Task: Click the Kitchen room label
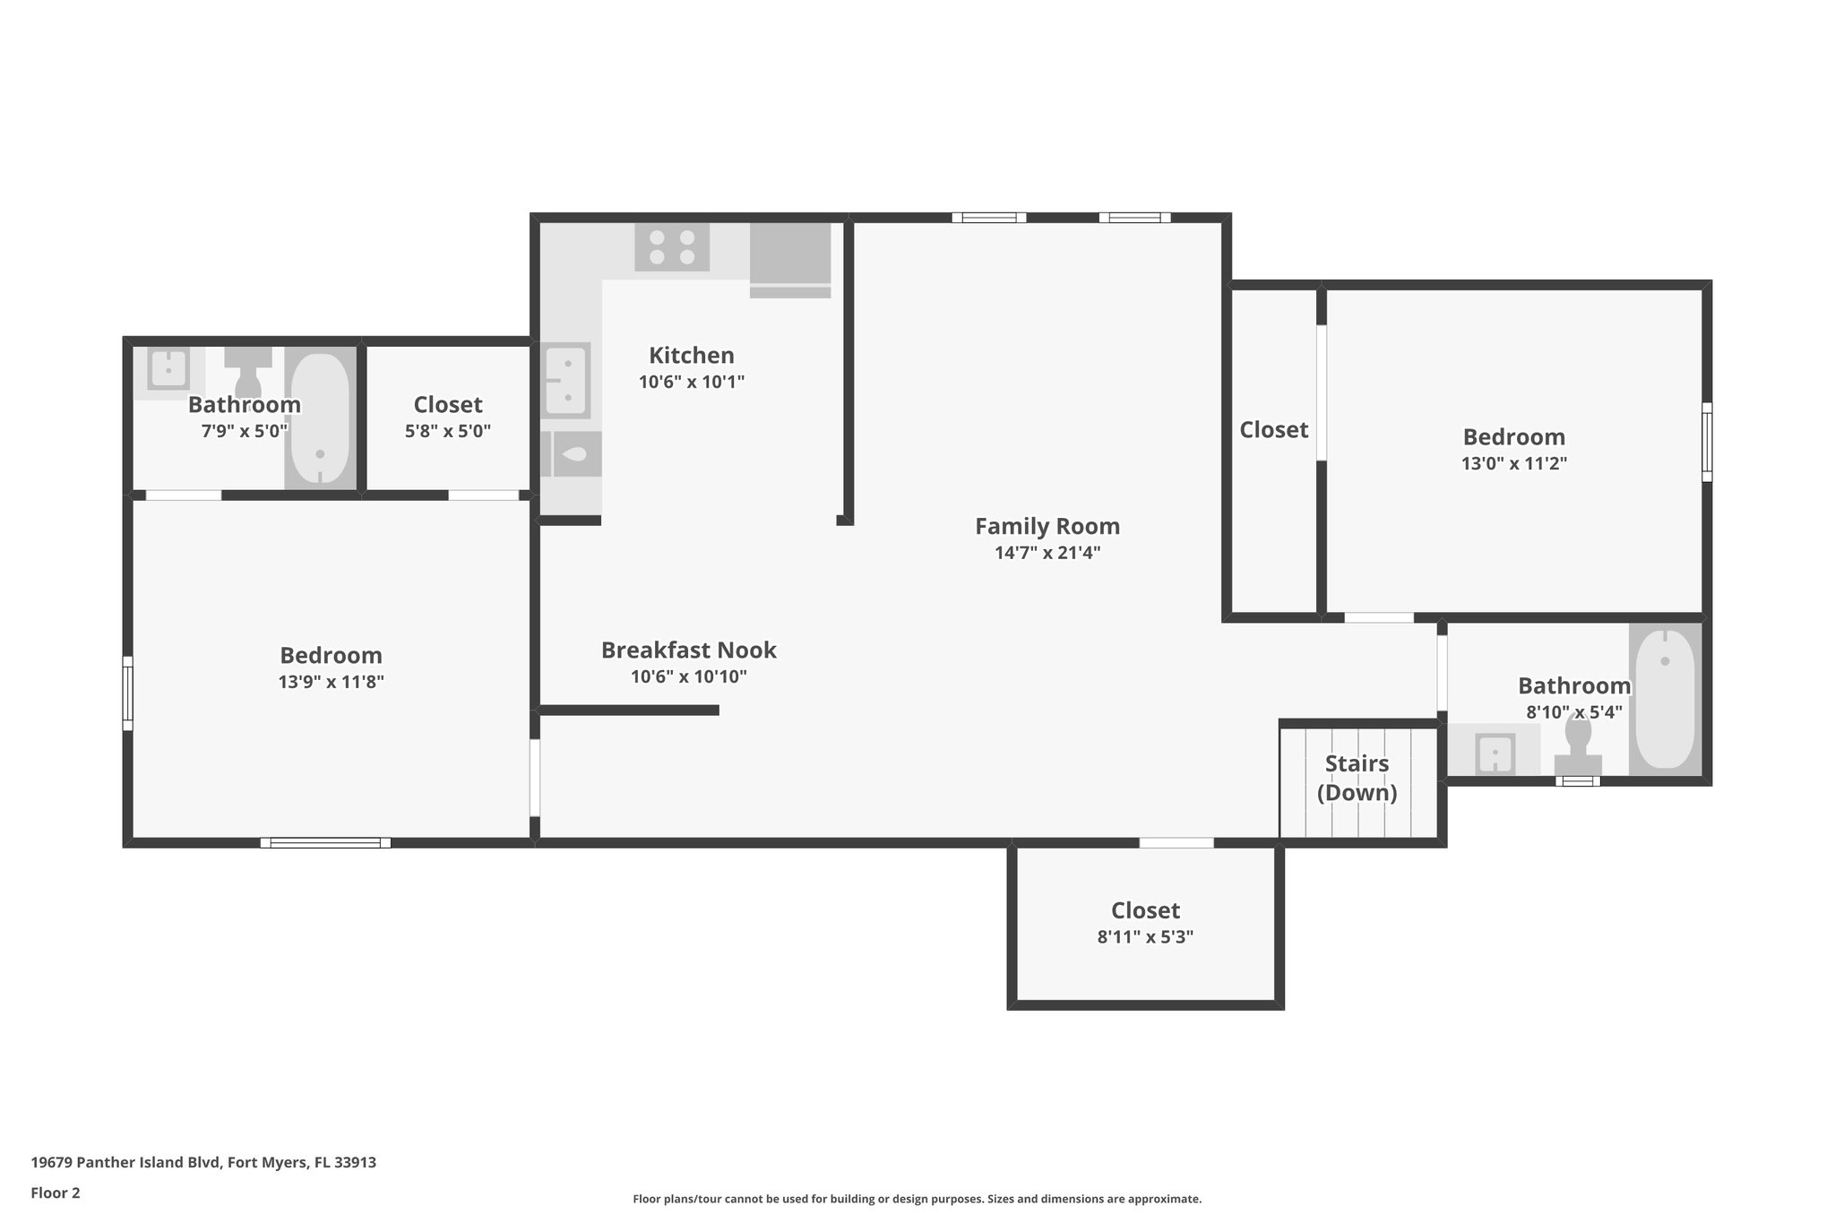pyautogui.click(x=691, y=355)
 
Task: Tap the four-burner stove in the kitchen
pyautogui.click(x=672, y=247)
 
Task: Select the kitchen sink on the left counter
pyautogui.click(x=566, y=381)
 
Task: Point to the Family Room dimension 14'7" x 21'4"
pyautogui.click(x=1047, y=553)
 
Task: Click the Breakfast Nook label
pyautogui.click(x=688, y=650)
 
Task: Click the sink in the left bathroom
pyautogui.click(x=168, y=368)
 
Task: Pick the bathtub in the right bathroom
pyautogui.click(x=1664, y=699)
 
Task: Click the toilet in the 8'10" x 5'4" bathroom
pyautogui.click(x=1578, y=744)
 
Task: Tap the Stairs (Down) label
pyautogui.click(x=1357, y=778)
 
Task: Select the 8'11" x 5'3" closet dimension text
pyautogui.click(x=1145, y=937)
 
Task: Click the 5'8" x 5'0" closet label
pyautogui.click(x=447, y=404)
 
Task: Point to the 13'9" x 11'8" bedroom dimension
pyautogui.click(x=331, y=682)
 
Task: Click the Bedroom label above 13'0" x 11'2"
pyautogui.click(x=1513, y=437)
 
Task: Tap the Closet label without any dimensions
pyautogui.click(x=1273, y=430)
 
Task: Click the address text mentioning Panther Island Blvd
pyautogui.click(x=203, y=1163)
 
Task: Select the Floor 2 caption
pyautogui.click(x=56, y=1193)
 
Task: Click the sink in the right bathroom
pyautogui.click(x=1495, y=753)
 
